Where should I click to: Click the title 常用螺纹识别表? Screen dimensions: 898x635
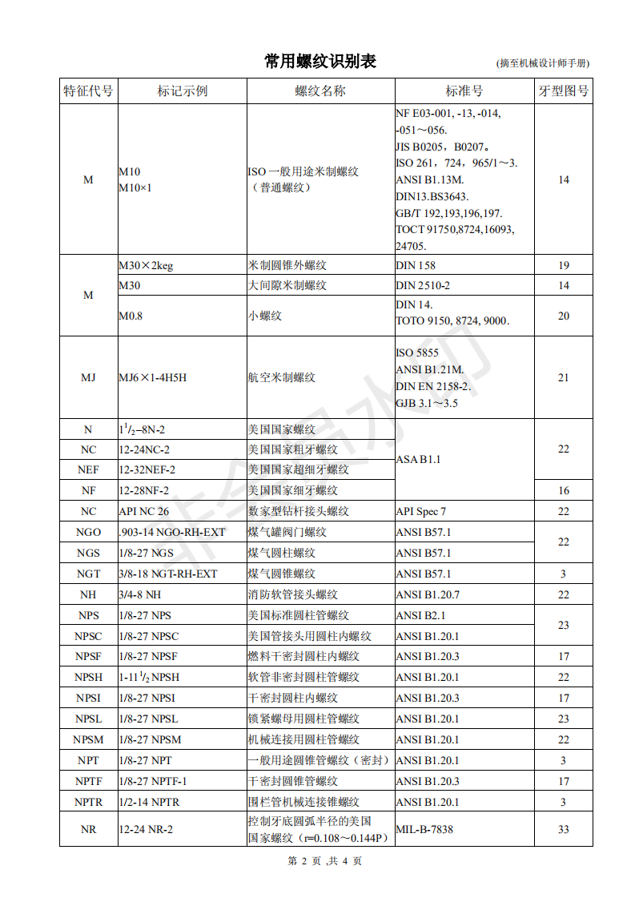click(320, 62)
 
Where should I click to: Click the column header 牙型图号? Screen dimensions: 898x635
click(563, 91)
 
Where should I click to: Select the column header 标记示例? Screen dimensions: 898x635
click(182, 91)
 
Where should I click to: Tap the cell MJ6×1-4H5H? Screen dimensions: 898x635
click(153, 377)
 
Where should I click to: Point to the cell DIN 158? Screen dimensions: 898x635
click(416, 265)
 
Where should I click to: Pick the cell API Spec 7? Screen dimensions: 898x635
click(421, 511)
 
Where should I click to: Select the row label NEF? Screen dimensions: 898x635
click(88, 469)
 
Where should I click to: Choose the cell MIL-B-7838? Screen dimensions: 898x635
click(424, 829)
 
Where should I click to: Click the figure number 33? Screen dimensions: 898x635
click(563, 829)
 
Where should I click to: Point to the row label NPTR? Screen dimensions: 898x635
click(88, 802)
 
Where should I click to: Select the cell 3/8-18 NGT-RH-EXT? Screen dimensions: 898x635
click(168, 574)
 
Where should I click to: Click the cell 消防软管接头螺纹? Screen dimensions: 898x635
click(292, 594)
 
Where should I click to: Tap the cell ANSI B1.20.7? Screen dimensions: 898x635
click(428, 594)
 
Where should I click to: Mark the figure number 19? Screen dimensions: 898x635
click(563, 265)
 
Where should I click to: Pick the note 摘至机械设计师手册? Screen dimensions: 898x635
click(544, 63)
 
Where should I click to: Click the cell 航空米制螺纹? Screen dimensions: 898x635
click(282, 377)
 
